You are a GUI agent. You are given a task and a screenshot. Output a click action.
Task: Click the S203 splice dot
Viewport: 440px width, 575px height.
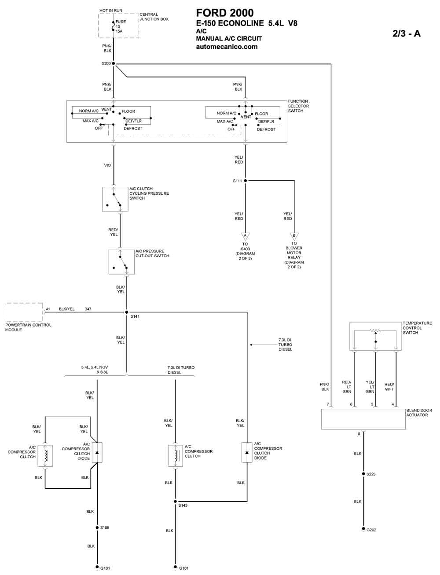pyautogui.click(x=114, y=63)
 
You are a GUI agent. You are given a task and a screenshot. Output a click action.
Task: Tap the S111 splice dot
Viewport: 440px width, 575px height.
pyautogui.click(x=245, y=181)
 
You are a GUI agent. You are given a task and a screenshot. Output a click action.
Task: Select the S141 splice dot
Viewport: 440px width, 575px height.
pyautogui.click(x=127, y=312)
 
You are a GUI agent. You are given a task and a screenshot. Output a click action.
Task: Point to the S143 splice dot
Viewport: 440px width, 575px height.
pyautogui.click(x=175, y=501)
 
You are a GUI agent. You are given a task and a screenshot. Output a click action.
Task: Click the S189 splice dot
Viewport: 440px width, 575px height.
pyautogui.click(x=97, y=528)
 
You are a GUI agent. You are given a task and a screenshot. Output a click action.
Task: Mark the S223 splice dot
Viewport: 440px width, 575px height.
pyautogui.click(x=363, y=474)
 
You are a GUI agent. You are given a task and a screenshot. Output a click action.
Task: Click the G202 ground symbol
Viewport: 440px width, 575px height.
pyautogui.click(x=363, y=529)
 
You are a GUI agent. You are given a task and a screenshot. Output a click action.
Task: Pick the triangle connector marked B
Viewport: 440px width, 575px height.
pyautogui.click(x=294, y=236)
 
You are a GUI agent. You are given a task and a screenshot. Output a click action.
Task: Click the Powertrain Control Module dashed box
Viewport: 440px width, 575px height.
pyautogui.click(x=24, y=312)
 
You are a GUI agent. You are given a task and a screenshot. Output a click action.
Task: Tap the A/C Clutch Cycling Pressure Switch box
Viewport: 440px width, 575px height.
pyautogui.click(x=115, y=199)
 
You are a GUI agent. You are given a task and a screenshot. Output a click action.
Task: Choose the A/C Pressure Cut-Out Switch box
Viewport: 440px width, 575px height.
pyautogui.click(x=121, y=262)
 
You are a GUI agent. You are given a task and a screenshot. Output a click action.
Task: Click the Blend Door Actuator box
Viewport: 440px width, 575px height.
pyautogui.click(x=363, y=419)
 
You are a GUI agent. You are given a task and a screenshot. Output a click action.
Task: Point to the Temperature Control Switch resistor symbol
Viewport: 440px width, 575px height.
pyautogui.click(x=375, y=330)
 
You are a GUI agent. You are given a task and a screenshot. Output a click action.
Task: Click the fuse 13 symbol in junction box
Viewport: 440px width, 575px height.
pyautogui.click(x=114, y=26)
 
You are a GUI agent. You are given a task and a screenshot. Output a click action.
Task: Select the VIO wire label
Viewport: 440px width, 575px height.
pyautogui.click(x=107, y=165)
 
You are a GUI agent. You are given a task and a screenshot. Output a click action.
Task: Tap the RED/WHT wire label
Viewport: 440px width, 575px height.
pyautogui.click(x=389, y=386)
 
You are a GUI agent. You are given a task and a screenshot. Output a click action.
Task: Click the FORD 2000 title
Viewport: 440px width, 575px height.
pyautogui.click(x=225, y=13)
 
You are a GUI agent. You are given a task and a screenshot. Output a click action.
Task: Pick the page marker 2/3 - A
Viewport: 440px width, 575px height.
pyautogui.click(x=407, y=33)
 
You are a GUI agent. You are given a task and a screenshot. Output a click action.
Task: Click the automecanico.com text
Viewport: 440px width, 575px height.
pyautogui.click(x=227, y=47)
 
